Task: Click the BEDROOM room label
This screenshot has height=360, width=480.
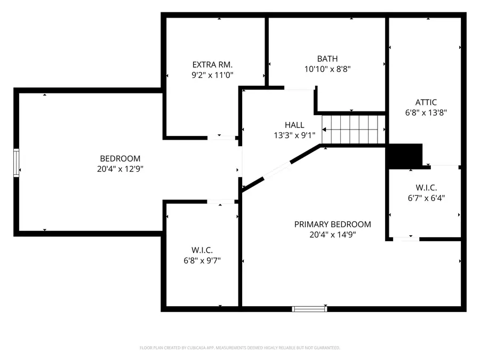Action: (x=120, y=158)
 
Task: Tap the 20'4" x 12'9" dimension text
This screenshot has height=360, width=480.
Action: (x=120, y=169)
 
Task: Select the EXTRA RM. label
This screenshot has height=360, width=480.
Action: (x=212, y=65)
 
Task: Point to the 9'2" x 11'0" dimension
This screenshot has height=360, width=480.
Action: (x=212, y=76)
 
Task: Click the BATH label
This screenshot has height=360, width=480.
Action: (x=327, y=59)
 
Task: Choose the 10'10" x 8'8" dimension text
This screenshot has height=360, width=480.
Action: (x=327, y=69)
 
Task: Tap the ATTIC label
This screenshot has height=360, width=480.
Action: (x=426, y=102)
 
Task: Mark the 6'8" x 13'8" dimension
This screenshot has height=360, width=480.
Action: (x=426, y=113)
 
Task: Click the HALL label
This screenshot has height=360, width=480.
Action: (x=294, y=125)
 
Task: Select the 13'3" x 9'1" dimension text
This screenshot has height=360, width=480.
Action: (x=294, y=135)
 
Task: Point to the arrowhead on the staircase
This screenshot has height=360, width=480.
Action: (x=324, y=130)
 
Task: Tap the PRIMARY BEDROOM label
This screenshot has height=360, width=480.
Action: (x=332, y=224)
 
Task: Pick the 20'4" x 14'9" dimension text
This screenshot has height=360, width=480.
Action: (x=332, y=235)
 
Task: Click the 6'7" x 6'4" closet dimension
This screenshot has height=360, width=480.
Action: (x=426, y=198)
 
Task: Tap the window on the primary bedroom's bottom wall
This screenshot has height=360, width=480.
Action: (x=309, y=308)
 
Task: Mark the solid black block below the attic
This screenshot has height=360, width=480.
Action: (x=404, y=155)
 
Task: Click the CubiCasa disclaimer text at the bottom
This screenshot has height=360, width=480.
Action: (x=239, y=348)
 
